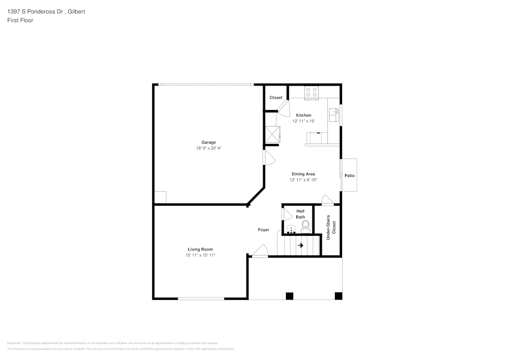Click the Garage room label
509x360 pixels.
(x=209, y=142)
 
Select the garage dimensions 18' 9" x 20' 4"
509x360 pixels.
(x=209, y=148)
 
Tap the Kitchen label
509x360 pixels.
(x=303, y=115)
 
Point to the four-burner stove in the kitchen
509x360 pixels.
(x=312, y=92)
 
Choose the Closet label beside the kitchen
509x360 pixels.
(x=276, y=98)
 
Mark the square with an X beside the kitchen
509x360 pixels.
(x=272, y=134)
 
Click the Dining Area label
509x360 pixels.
(x=303, y=174)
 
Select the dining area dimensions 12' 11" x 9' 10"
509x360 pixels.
(x=303, y=180)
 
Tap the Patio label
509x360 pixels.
(x=349, y=176)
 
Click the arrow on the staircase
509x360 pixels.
(x=300, y=245)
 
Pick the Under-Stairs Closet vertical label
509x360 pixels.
(x=331, y=227)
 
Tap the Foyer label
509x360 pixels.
(x=263, y=230)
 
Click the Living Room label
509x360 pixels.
(x=200, y=249)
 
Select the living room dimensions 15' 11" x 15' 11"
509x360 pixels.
(x=201, y=255)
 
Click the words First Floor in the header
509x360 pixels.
(x=20, y=20)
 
